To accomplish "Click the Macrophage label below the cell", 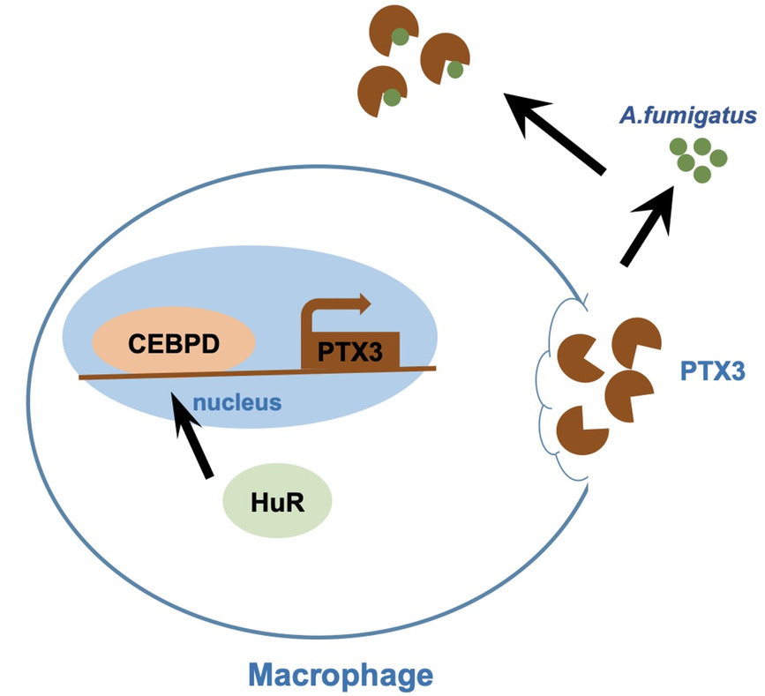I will (x=340, y=676).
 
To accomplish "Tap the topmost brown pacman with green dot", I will (x=396, y=30).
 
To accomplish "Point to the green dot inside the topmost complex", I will (x=401, y=37).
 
